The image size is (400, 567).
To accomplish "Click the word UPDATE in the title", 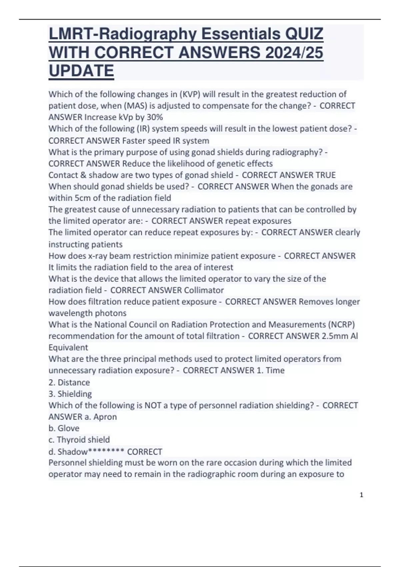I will pyautogui.click(x=81, y=71).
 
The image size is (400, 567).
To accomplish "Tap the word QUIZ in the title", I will pyautogui.click(x=304, y=34).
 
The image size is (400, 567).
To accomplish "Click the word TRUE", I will pyautogui.click(x=325, y=175).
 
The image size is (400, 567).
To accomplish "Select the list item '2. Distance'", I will pyautogui.click(x=69, y=382).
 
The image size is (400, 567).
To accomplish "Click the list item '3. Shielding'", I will pyautogui.click(x=70, y=394).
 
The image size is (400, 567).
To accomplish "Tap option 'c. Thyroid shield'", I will pyautogui.click(x=79, y=440).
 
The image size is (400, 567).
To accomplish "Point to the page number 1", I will pyautogui.click(x=362, y=495).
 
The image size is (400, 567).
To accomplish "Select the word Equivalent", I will pyautogui.click(x=68, y=347).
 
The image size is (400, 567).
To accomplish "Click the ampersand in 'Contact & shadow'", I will pyautogui.click(x=82, y=175).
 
